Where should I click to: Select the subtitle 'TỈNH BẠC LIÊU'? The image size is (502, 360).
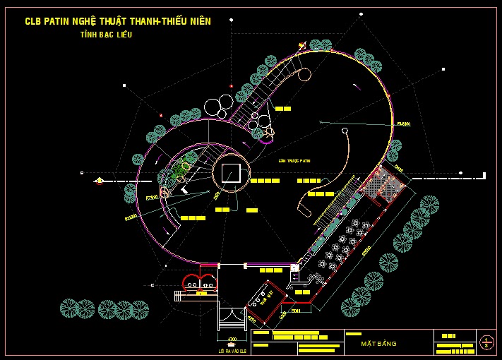pos(107,35)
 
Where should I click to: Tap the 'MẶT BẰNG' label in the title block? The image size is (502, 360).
pos(378,344)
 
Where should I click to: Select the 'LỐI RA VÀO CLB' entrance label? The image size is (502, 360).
pos(232,350)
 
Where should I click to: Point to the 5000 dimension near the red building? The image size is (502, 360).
pos(296,309)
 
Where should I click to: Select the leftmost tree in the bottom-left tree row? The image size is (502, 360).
pos(68,308)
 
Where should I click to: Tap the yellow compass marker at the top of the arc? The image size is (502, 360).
pos(301,46)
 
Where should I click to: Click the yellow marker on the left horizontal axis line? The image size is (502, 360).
pos(99,181)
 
